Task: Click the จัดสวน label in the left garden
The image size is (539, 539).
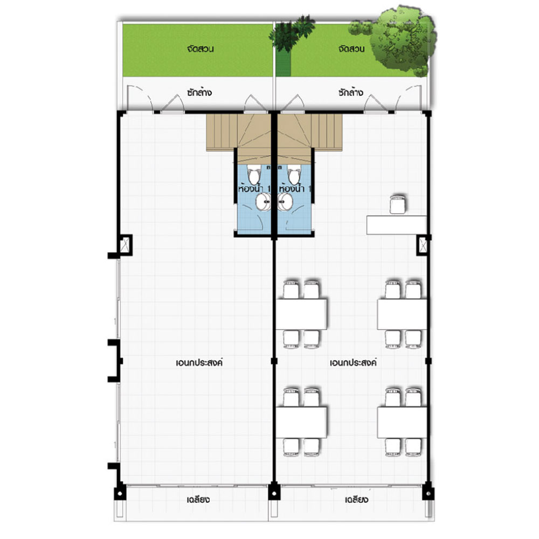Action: pyautogui.click(x=201, y=49)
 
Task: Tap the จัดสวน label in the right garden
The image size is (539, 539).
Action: pyautogui.click(x=351, y=49)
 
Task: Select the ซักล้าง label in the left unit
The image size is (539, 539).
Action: pyautogui.click(x=199, y=92)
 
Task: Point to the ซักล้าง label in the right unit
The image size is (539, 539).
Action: pyautogui.click(x=351, y=92)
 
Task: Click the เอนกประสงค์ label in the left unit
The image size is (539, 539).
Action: pyautogui.click(x=199, y=362)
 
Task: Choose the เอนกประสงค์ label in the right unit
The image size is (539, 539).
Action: pyautogui.click(x=354, y=362)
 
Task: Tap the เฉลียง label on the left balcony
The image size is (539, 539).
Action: pyautogui.click(x=198, y=499)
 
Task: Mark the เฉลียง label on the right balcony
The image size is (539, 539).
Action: pyautogui.click(x=356, y=499)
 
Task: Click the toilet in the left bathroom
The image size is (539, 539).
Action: pyautogui.click(x=254, y=175)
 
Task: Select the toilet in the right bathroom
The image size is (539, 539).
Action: pyautogui.click(x=294, y=175)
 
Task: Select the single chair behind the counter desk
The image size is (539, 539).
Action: pyautogui.click(x=397, y=204)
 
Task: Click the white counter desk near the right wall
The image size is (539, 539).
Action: pyautogui.click(x=397, y=225)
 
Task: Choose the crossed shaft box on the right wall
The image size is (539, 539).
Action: pyautogui.click(x=423, y=245)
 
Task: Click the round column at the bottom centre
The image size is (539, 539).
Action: pyautogui.click(x=274, y=494)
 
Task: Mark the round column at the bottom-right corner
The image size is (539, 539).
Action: pyautogui.click(x=429, y=494)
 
